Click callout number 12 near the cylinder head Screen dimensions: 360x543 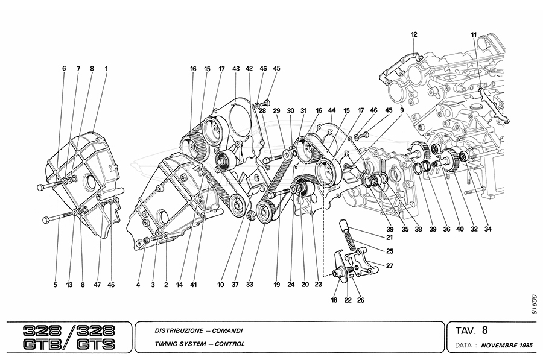click(x=414, y=34)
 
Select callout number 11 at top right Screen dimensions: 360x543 click(x=474, y=34)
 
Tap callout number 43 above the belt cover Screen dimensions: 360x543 click(x=235, y=69)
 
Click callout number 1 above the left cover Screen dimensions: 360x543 click(x=106, y=69)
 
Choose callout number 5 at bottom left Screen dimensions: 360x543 click(x=55, y=284)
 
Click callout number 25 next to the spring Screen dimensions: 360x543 click(x=389, y=250)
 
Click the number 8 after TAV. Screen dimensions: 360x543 click(x=484, y=329)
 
